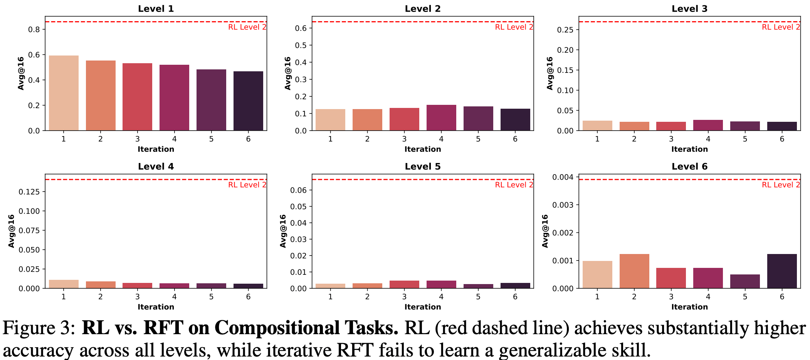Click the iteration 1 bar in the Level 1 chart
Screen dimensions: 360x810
64,93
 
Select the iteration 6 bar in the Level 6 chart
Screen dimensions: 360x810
782,271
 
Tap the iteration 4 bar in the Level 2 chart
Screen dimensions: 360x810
441,118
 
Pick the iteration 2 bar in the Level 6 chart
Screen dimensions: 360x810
634,271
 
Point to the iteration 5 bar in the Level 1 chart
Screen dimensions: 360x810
211,100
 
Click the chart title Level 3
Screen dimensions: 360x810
689,8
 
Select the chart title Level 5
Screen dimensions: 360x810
422,167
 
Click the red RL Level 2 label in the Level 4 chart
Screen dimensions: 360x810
247,185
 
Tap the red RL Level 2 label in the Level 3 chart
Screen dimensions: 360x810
781,27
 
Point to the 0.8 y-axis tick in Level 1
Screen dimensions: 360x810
34,30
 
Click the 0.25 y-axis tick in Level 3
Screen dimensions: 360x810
565,30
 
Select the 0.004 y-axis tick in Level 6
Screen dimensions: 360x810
563,177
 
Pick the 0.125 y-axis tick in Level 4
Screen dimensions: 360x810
29,192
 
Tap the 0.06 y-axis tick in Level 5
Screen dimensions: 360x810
298,190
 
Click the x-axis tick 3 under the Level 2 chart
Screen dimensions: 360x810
404,139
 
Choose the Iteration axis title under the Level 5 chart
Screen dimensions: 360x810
422,307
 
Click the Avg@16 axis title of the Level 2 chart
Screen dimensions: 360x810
287,73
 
